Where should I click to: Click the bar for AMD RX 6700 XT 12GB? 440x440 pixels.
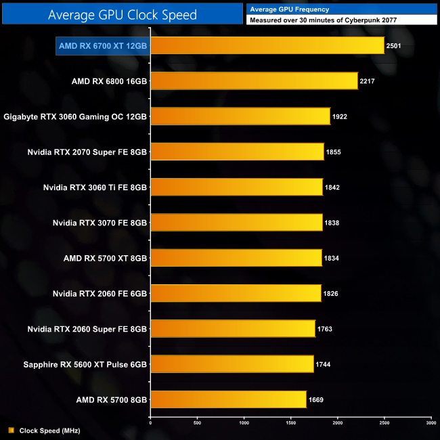pos(267,45)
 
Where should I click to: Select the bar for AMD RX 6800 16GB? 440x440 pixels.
pos(253,81)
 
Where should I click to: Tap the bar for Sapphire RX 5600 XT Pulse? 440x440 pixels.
pos(232,364)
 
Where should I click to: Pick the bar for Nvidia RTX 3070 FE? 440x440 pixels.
pos(236,222)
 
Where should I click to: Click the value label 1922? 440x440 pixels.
pos(340,116)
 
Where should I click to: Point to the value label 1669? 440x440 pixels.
pos(316,400)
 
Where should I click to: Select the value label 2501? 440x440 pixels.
pos(393,46)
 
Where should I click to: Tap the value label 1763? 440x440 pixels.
pos(324,329)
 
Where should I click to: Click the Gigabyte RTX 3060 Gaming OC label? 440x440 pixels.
pos(75,116)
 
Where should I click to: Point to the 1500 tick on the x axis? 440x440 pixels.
pos(290,423)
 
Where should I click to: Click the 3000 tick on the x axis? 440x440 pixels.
pos(431,423)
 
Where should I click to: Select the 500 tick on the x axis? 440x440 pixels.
pos(197,423)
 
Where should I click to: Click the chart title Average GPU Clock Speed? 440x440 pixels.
pos(122,14)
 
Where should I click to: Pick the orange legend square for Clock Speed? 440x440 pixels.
pos(11,430)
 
